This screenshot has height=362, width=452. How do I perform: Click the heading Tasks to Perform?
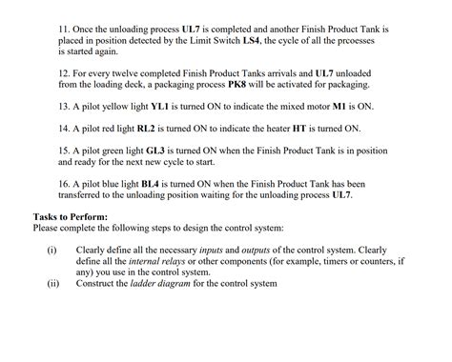(71, 216)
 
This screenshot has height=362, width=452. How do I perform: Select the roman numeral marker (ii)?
(52, 283)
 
